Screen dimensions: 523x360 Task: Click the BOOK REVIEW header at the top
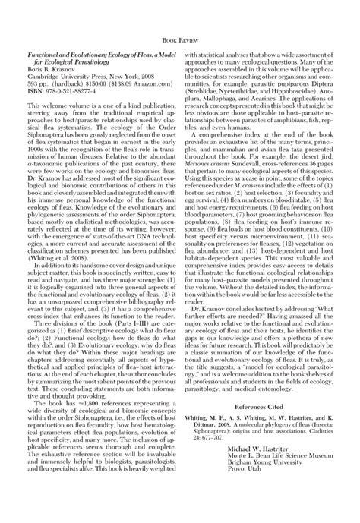[x=180, y=35]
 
